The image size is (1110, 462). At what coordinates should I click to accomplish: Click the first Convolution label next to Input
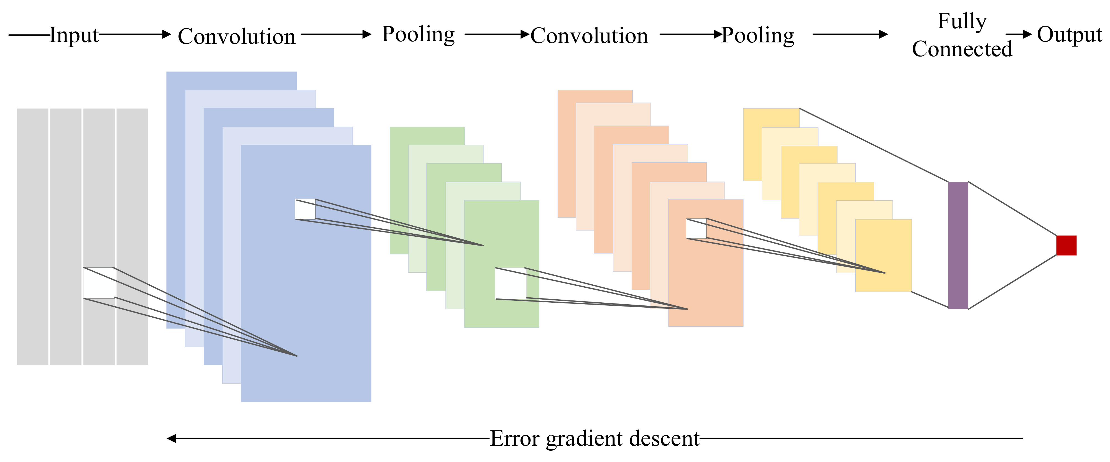click(237, 36)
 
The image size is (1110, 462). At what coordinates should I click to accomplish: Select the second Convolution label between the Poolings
click(589, 35)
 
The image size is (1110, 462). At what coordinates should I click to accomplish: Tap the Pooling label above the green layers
click(418, 34)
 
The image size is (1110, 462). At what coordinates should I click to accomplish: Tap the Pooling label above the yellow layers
click(757, 35)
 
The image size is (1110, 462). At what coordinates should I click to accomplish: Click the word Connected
click(962, 49)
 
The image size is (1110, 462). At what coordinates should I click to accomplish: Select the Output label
click(1069, 34)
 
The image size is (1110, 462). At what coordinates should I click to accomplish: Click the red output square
click(1066, 245)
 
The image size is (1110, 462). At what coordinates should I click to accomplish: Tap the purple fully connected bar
click(958, 245)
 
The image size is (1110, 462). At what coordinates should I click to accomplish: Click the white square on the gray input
click(99, 283)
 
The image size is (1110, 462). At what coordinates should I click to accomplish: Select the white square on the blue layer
click(305, 210)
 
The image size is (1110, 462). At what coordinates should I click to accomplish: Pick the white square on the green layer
click(511, 284)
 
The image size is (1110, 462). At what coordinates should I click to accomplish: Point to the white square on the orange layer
click(696, 228)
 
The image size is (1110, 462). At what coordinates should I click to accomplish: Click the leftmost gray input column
click(32, 237)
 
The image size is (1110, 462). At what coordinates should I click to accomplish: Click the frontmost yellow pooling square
click(883, 255)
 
